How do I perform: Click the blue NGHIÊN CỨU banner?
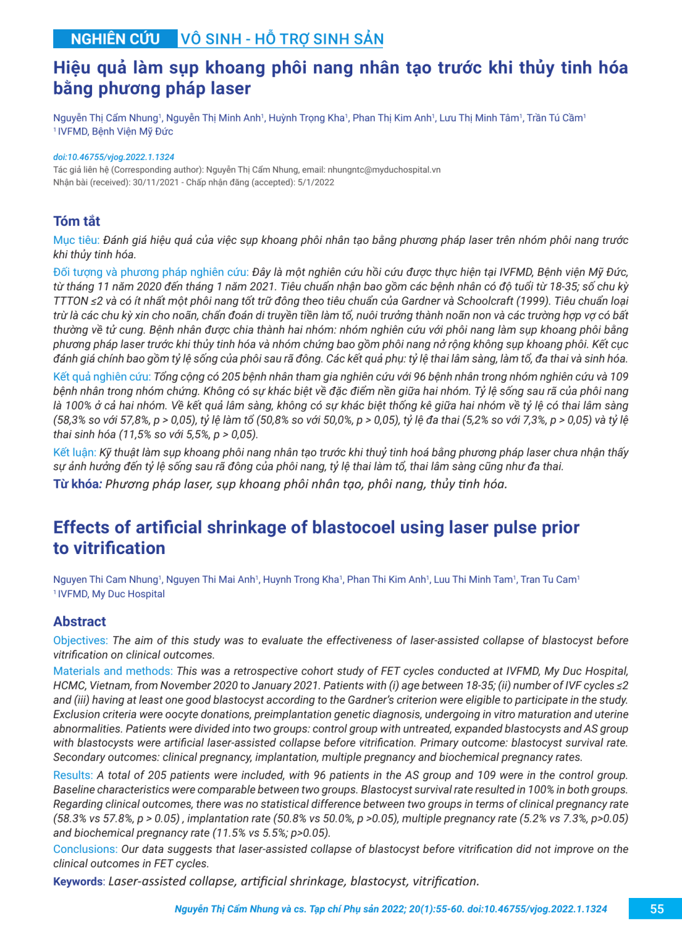tap(115, 39)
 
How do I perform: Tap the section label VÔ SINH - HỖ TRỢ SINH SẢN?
tap(282, 39)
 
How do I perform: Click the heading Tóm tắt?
tap(76, 221)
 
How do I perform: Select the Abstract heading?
tap(79, 621)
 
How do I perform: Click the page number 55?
tap(656, 909)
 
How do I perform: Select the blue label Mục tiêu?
tap(76, 240)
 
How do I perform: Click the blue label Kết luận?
tap(74, 452)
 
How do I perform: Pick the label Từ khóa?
tap(77, 484)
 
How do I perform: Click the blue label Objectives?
tap(81, 640)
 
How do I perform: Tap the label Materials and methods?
tap(113, 671)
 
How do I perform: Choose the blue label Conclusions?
tap(85, 849)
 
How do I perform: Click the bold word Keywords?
tap(78, 881)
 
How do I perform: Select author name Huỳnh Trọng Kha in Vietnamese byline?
tap(307, 118)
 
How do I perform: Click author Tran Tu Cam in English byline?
tap(549, 579)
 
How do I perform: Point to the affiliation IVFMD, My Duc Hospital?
tap(111, 593)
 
